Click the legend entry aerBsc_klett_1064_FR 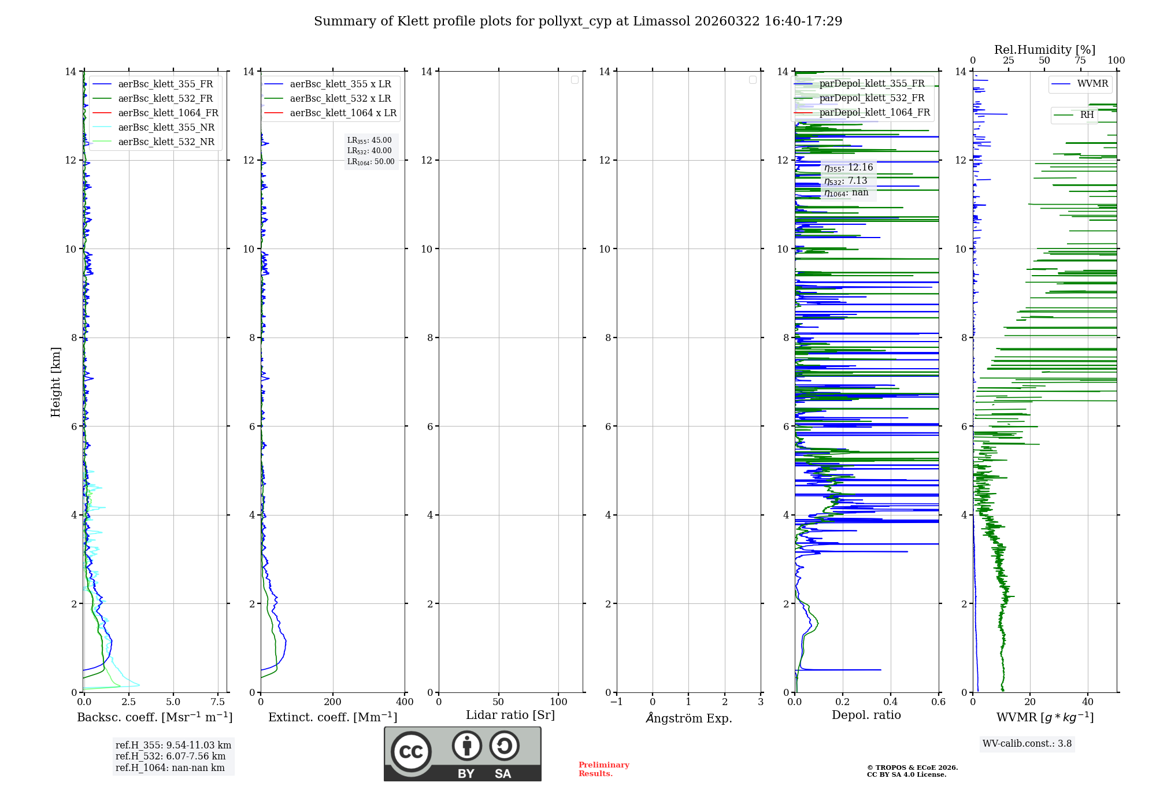[x=168, y=113]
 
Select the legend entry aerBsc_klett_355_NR [x=166, y=128]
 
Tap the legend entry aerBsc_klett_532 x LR [x=340, y=99]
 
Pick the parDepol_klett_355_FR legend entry [x=872, y=84]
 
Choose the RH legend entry [x=1087, y=115]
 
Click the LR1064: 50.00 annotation [x=370, y=162]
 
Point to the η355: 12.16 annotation [x=849, y=168]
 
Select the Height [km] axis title [x=55, y=382]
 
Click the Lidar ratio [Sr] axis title [x=510, y=715]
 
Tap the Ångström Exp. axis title [x=689, y=718]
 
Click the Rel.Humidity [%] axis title [x=1044, y=50]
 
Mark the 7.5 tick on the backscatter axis [x=218, y=702]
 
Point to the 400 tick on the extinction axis [x=405, y=702]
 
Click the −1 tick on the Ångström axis [x=617, y=702]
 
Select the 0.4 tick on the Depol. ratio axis [x=891, y=702]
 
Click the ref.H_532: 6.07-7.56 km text [x=171, y=757]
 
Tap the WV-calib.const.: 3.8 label [x=1027, y=744]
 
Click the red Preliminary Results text [x=603, y=769]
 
